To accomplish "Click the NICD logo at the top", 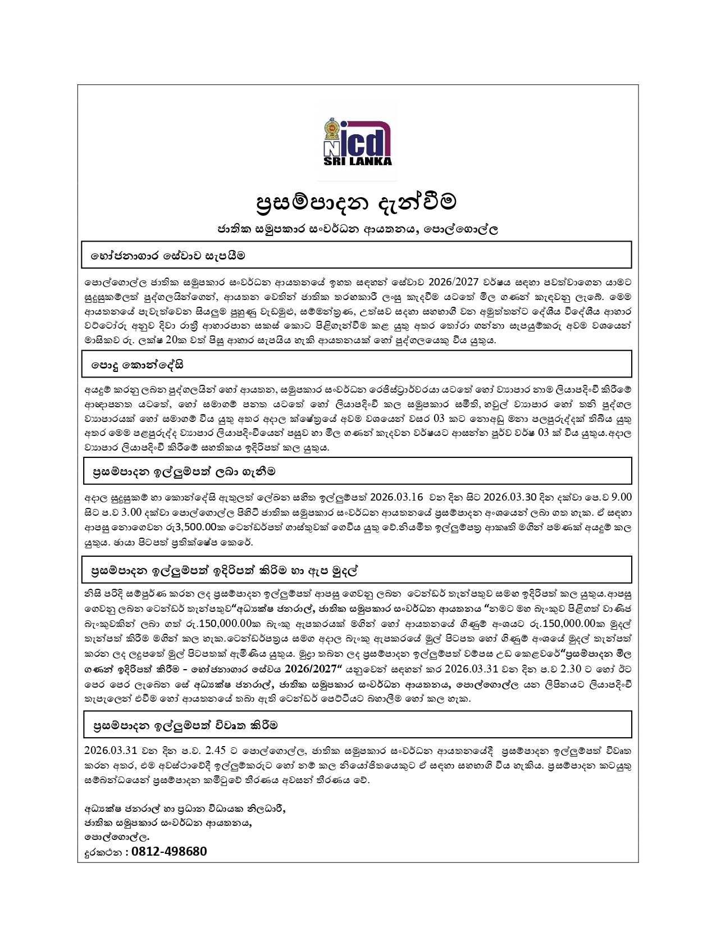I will [x=358, y=142].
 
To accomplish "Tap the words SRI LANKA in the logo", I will [x=358, y=161].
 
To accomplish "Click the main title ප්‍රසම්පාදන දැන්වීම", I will [x=357, y=202].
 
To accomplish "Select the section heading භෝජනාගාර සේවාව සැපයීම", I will [x=168, y=256].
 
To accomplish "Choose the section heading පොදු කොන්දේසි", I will [x=138, y=365].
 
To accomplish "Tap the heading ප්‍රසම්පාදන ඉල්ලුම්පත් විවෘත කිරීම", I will [x=185, y=725].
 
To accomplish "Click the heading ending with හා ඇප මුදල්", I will [x=225, y=571].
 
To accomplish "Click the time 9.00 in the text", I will [x=621, y=497].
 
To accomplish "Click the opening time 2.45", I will [x=216, y=751].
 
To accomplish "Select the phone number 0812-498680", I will [x=169, y=851].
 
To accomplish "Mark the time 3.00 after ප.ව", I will [x=131, y=512].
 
